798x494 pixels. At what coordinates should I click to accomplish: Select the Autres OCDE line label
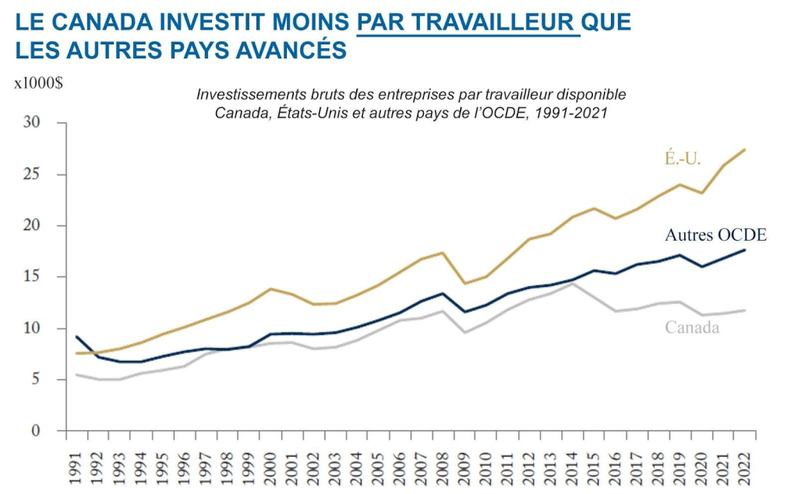coord(715,235)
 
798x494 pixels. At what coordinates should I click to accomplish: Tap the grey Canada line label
coord(692,327)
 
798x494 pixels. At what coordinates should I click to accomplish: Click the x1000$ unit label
coord(38,84)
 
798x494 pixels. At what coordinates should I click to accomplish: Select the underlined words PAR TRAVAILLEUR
coord(468,22)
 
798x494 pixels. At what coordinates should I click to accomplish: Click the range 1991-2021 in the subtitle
coord(577,112)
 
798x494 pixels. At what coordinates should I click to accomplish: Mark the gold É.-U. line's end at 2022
coord(745,150)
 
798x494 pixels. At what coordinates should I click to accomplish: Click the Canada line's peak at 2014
coord(573,284)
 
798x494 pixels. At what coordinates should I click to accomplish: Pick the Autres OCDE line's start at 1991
coord(77,337)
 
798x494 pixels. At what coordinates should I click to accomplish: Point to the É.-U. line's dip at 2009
coord(465,284)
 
